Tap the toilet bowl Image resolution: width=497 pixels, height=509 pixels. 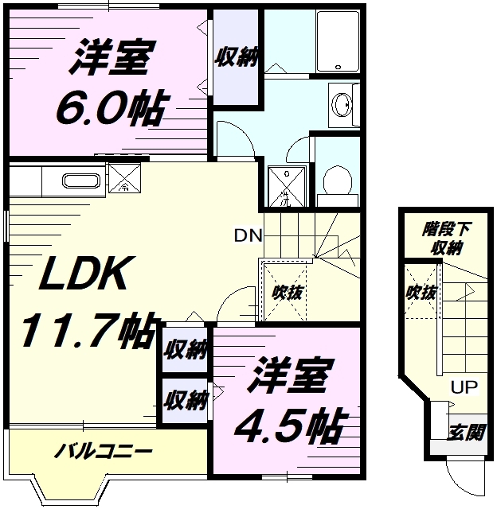click(339, 180)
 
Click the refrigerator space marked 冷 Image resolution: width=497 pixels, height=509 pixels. click(125, 181)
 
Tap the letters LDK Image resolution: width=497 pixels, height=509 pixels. click(84, 275)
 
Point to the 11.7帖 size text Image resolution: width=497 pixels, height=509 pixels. click(84, 331)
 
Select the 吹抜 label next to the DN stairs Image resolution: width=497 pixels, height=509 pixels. click(286, 291)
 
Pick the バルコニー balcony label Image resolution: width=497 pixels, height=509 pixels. click(103, 453)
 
